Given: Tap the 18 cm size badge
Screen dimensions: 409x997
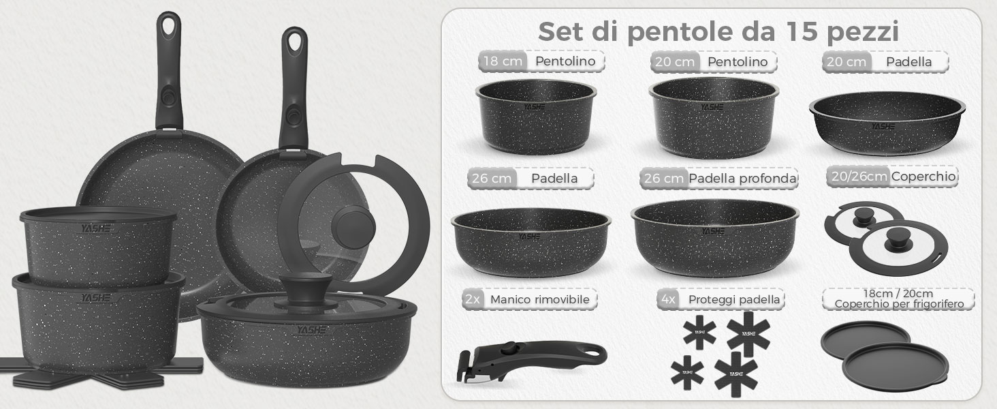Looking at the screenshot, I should pyautogui.click(x=503, y=61).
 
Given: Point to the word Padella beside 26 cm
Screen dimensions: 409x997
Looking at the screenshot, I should pyautogui.click(x=554, y=179).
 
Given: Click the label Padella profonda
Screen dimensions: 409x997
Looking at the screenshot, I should pyautogui.click(x=742, y=179).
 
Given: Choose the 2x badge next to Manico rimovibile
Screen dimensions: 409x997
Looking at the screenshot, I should pyautogui.click(x=473, y=299).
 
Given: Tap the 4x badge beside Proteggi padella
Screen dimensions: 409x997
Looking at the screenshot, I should pyautogui.click(x=668, y=299).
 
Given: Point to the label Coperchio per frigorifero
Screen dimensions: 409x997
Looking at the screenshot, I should pyautogui.click(x=899, y=305).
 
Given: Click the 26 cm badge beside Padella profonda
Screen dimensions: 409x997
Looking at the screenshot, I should pyautogui.click(x=663, y=179).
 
